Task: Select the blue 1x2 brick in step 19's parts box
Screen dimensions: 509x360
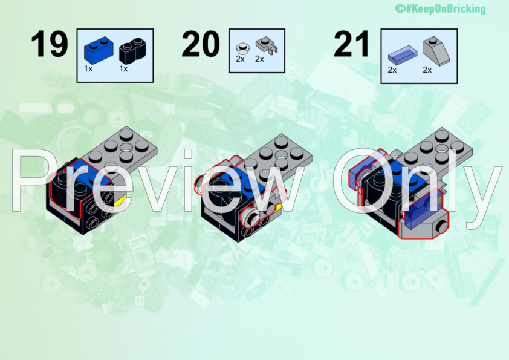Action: click(99, 50)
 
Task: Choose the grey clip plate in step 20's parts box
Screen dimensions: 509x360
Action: click(267, 45)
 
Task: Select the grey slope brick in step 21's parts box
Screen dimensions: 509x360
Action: click(436, 51)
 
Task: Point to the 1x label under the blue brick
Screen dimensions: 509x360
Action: click(88, 69)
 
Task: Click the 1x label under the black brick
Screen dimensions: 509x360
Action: click(123, 69)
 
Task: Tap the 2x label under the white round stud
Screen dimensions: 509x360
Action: click(240, 59)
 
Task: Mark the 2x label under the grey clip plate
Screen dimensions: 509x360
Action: click(260, 59)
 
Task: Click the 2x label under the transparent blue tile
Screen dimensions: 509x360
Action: click(392, 70)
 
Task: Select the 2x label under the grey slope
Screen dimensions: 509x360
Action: click(427, 70)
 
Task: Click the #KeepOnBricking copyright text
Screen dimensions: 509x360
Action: click(440, 8)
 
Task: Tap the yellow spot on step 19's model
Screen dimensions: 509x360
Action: click(120, 201)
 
